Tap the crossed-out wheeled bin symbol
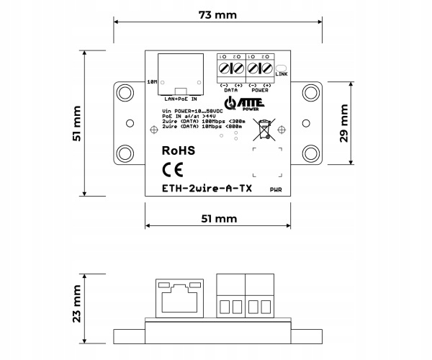click(x=266, y=128)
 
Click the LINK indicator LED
click(x=281, y=71)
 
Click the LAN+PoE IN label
click(x=180, y=97)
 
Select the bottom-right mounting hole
click(x=311, y=153)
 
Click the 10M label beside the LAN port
click(x=152, y=81)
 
